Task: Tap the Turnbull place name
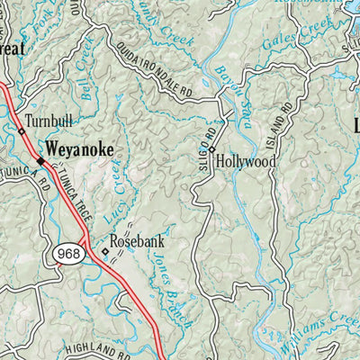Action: click(49, 121)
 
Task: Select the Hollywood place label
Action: click(246, 162)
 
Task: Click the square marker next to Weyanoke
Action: click(40, 161)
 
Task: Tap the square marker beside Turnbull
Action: click(21, 131)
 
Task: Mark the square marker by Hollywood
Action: click(212, 149)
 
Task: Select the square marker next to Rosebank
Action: click(104, 252)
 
